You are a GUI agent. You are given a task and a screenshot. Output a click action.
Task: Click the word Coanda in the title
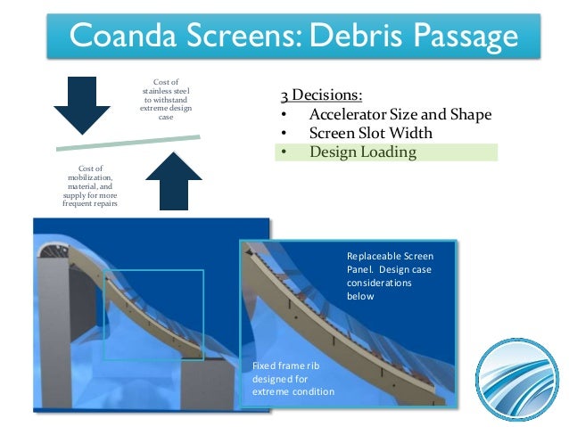coord(124,37)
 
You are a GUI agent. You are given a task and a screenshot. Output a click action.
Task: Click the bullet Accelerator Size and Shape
coord(400,116)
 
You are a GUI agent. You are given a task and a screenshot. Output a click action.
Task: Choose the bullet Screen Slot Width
coord(370,134)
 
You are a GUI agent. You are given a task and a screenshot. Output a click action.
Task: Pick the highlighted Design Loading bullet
coord(363,152)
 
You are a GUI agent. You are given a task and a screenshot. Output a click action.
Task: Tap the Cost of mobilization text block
coord(89,185)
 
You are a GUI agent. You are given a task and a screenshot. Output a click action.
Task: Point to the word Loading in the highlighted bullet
coord(389,152)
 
